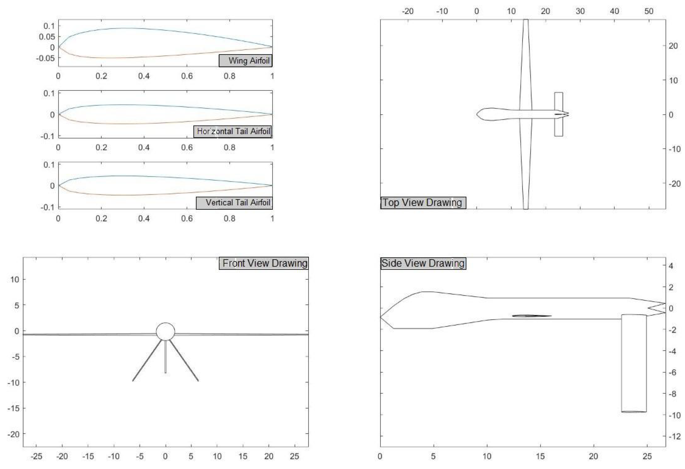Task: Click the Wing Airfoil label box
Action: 245,61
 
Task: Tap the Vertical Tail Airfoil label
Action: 234,202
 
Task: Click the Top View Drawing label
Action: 423,202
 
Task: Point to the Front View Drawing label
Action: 264,263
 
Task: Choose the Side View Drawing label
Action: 423,263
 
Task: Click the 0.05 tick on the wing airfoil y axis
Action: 47,37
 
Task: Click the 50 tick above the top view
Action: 649,11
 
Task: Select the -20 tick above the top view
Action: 408,11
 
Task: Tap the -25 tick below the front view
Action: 36,456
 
